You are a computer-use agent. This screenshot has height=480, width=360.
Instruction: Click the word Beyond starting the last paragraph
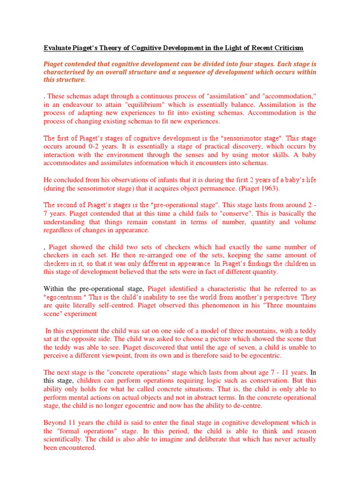pyautogui.click(x=56, y=422)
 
